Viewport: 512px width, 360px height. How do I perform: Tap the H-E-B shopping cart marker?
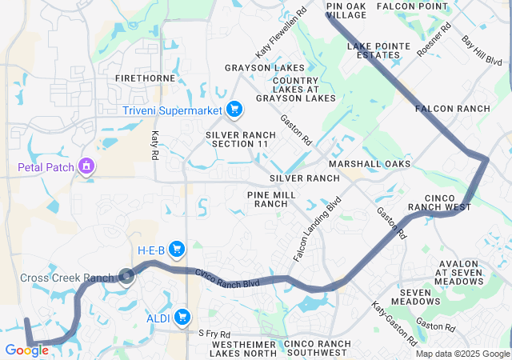coord(178,250)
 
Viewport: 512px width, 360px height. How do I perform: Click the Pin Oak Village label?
coord(346,10)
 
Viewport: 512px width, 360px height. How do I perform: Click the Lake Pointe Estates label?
coord(373,50)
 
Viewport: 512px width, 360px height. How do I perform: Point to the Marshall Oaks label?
coord(370,163)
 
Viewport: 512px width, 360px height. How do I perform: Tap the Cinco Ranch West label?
coord(439,202)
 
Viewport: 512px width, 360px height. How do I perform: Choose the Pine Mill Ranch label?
coord(270,199)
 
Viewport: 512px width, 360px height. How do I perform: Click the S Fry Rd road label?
coord(214,333)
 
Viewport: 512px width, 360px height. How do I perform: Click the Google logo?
coord(26,350)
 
